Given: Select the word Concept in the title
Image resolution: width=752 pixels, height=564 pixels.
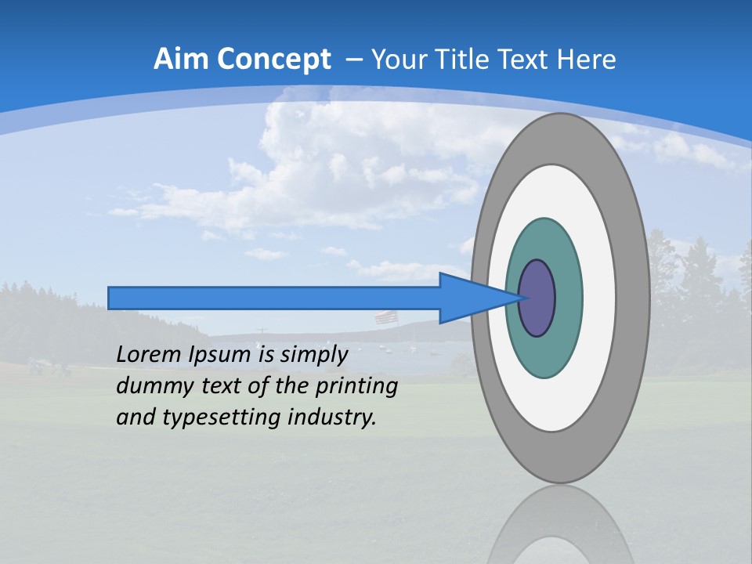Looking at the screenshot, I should pyautogui.click(x=273, y=60).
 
